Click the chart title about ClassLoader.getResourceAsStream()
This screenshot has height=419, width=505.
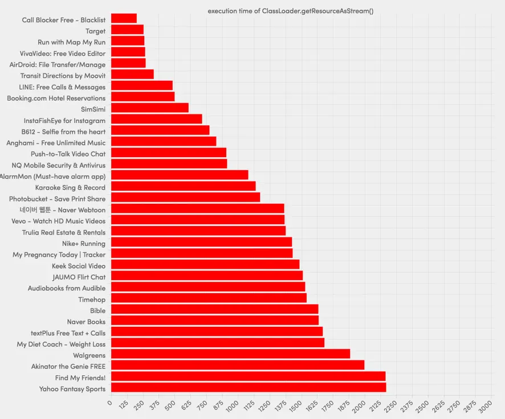click(290, 11)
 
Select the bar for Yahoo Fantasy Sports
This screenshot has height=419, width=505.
click(249, 388)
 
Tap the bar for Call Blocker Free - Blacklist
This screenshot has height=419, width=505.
click(124, 19)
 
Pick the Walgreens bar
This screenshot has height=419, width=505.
click(230, 354)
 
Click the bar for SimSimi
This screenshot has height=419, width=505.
click(149, 108)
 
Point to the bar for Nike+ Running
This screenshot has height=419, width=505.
click(201, 243)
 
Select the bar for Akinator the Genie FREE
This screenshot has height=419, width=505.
click(237, 365)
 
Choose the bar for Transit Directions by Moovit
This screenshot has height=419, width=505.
click(132, 75)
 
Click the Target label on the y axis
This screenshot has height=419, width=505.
click(95, 31)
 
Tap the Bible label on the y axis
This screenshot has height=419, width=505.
click(97, 311)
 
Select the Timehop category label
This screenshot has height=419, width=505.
click(92, 299)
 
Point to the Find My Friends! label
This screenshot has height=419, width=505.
click(80, 378)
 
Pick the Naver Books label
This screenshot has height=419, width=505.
click(86, 322)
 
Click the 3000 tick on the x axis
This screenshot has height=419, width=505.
click(485, 407)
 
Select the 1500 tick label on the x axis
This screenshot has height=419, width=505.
click(295, 407)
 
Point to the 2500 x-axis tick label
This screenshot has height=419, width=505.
click(422, 407)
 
